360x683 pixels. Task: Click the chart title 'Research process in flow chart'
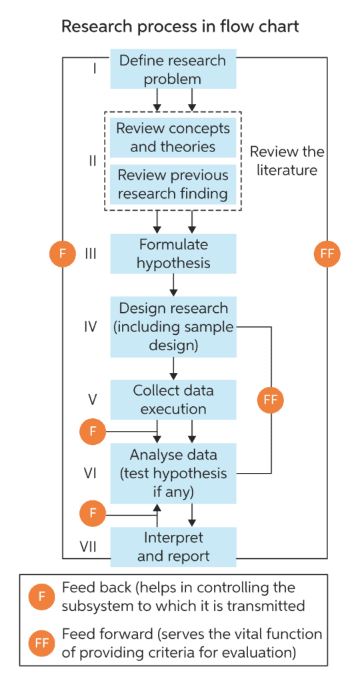point(180,27)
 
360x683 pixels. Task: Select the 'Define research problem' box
point(173,69)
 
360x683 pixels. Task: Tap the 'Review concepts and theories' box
point(173,137)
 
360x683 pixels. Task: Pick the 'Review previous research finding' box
point(173,184)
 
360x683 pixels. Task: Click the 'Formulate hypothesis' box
point(173,253)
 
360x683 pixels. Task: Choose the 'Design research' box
point(173,326)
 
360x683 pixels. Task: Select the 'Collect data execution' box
point(173,399)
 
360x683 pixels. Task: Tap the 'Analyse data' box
point(173,473)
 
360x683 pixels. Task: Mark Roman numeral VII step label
point(89,546)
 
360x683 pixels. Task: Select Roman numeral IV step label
point(91,327)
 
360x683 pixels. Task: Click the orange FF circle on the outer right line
point(327,253)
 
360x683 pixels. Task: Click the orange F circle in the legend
point(41,596)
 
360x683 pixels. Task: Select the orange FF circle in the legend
point(41,643)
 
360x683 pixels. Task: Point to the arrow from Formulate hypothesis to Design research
point(173,283)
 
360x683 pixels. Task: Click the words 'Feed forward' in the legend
point(97,633)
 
